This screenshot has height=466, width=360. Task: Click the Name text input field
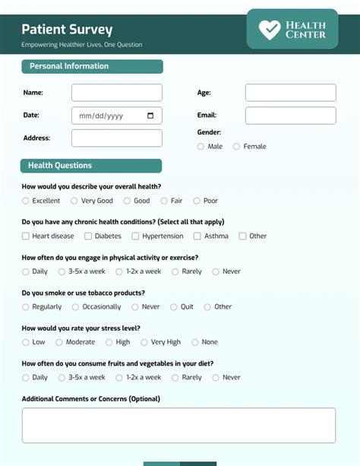click(x=116, y=93)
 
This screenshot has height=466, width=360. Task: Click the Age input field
click(x=290, y=93)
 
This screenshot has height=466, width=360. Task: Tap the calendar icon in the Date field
click(x=150, y=116)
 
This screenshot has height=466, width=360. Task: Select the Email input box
click(x=290, y=116)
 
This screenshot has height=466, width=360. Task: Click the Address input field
click(x=116, y=138)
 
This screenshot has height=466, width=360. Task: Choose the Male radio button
click(x=201, y=147)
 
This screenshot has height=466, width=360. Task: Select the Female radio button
click(x=237, y=147)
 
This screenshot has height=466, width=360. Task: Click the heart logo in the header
click(x=270, y=30)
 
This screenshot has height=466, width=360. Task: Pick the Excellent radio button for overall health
click(x=26, y=201)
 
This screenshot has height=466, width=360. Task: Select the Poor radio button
click(x=197, y=201)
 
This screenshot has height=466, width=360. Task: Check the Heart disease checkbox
click(x=26, y=236)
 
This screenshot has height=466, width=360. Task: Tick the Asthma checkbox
click(x=197, y=236)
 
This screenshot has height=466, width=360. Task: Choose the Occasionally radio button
click(x=76, y=307)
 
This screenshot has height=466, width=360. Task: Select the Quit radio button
click(x=174, y=307)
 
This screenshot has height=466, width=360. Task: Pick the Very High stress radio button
click(x=144, y=342)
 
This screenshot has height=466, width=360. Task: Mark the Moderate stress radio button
click(x=59, y=342)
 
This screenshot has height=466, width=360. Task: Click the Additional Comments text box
click(x=178, y=426)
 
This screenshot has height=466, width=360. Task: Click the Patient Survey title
click(x=67, y=30)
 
